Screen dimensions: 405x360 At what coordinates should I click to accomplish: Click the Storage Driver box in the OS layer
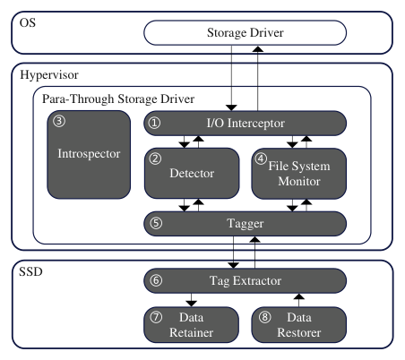245,32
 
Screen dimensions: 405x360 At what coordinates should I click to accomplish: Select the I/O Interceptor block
245,123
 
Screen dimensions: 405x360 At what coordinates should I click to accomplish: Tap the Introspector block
89,154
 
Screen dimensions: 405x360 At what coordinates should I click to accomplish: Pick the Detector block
192,173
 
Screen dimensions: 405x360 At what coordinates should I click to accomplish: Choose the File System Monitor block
298,174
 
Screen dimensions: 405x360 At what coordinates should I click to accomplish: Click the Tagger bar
245,224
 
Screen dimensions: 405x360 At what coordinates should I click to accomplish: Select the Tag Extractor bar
245,280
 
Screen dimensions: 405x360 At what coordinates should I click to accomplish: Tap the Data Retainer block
191,324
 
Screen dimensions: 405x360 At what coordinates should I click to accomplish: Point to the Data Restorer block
298,324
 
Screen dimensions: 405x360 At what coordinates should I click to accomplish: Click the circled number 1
155,123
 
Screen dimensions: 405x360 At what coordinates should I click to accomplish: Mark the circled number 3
59,121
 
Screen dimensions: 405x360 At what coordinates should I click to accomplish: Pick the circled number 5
156,223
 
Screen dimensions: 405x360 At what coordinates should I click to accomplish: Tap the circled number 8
264,317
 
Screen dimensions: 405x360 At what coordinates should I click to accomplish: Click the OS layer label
28,22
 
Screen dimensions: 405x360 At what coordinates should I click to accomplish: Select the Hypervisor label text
49,74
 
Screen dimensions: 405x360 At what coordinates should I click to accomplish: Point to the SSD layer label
30,271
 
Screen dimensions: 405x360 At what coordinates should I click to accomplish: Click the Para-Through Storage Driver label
118,99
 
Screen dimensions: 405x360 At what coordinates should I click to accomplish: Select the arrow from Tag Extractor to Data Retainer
191,300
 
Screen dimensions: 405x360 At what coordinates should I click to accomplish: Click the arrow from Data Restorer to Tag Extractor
299,300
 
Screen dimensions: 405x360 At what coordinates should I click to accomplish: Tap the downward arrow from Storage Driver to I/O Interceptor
231,78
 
